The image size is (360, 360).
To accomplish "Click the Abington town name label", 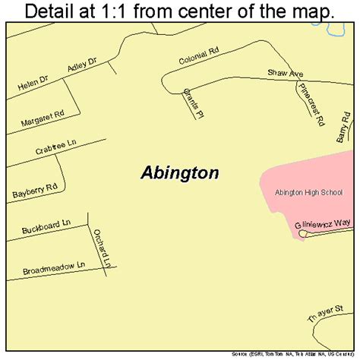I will (180, 172).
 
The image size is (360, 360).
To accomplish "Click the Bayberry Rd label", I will (33, 190).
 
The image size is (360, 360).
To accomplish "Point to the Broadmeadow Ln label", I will (52, 266).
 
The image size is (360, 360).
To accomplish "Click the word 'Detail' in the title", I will (54, 11).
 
